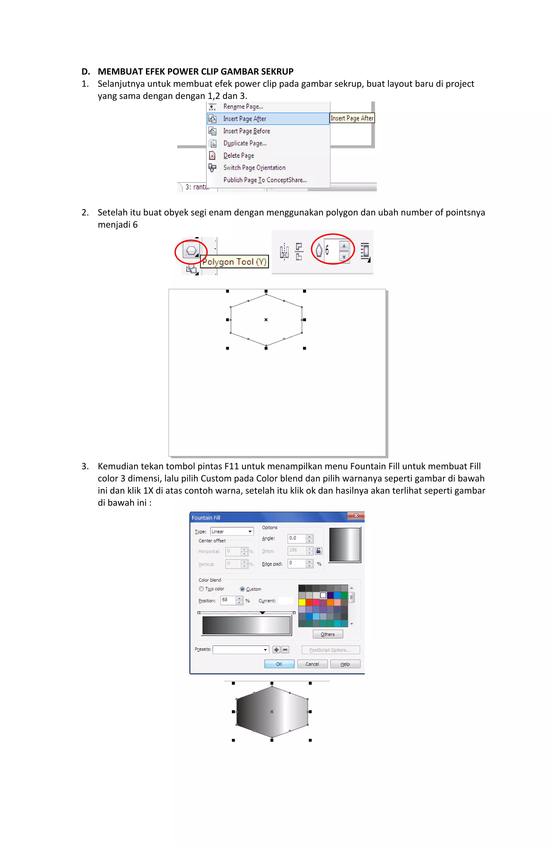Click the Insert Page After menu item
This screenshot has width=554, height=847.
point(244,118)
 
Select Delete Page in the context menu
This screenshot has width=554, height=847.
point(238,155)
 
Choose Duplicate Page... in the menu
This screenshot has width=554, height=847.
point(245,143)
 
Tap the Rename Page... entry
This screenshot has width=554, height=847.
point(243,106)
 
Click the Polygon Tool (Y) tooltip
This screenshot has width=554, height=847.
point(234,262)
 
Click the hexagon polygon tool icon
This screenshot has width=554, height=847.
point(191,250)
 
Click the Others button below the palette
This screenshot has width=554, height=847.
point(327,634)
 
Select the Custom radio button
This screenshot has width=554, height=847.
point(242,589)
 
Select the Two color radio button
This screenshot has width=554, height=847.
point(201,589)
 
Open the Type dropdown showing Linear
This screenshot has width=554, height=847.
point(232,531)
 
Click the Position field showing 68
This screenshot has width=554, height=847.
point(228,600)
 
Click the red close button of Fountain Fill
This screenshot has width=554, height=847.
point(355,515)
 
